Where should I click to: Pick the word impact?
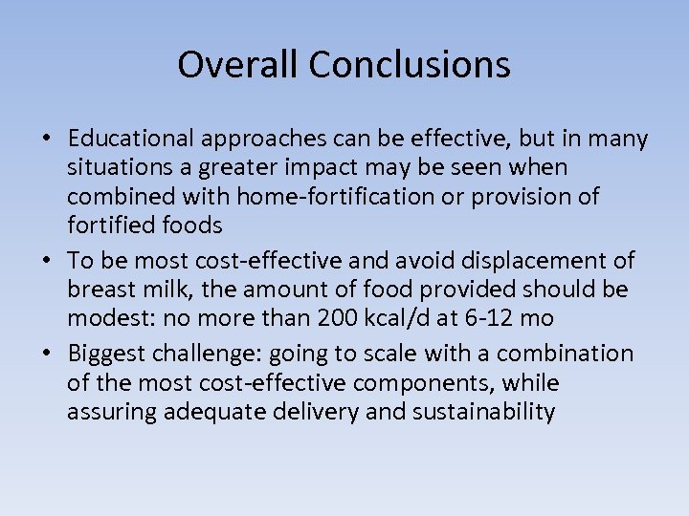click(287, 168)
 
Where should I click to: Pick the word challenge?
click(201, 354)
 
